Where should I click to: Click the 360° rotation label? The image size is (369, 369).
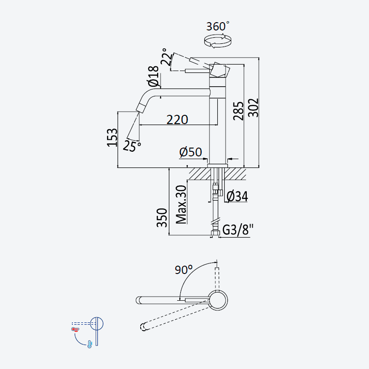point(218,26)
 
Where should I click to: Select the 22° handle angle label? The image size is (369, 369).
point(167,57)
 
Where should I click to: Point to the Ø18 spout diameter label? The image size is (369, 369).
point(153,76)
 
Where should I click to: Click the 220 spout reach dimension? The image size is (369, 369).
point(177,119)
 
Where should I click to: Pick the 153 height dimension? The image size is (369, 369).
point(112,137)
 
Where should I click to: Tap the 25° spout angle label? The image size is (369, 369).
point(132,146)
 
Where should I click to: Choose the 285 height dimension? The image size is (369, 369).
point(238,111)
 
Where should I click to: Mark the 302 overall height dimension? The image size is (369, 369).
point(253,107)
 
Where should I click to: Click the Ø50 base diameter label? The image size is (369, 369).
point(190,152)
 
